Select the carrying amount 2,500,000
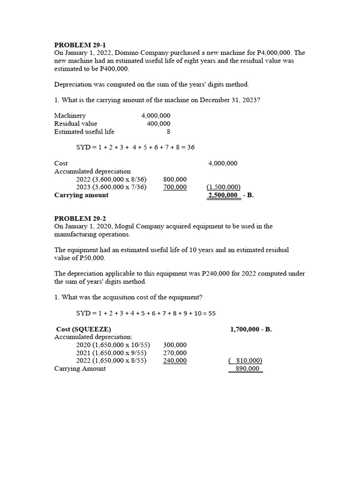(x=224, y=195)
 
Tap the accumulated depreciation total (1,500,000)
(x=223, y=187)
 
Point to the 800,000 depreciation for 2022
(x=175, y=179)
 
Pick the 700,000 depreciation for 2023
(x=175, y=187)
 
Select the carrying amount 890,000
(x=246, y=369)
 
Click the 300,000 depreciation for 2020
(x=175, y=345)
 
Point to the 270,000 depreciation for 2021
(x=175, y=353)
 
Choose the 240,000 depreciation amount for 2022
(x=175, y=361)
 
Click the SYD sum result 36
(x=191, y=147)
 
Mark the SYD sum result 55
(x=211, y=313)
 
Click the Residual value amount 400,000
(x=158, y=124)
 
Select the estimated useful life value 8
(x=168, y=132)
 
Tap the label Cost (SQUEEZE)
(x=84, y=329)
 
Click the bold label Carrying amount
(x=81, y=195)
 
